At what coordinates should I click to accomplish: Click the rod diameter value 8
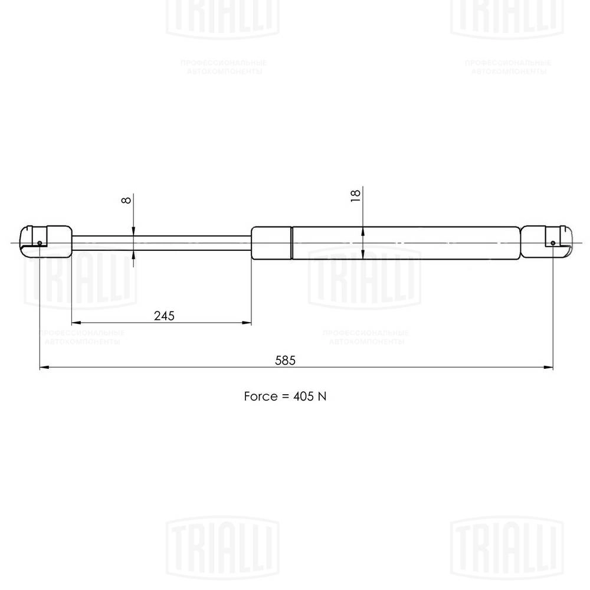point(125,199)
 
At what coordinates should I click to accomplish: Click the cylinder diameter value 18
point(355,196)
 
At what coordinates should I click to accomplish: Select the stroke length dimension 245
point(164,316)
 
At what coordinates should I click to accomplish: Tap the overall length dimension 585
point(284,360)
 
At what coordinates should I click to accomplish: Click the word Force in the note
point(260,396)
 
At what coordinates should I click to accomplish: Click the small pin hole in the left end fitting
point(39,242)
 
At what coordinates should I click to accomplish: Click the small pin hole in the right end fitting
point(553,242)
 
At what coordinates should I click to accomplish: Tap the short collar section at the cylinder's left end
point(271,242)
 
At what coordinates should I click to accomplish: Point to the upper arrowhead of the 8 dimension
point(134,231)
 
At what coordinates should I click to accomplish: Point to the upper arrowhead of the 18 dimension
point(363,231)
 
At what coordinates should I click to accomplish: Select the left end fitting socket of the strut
point(46,242)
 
